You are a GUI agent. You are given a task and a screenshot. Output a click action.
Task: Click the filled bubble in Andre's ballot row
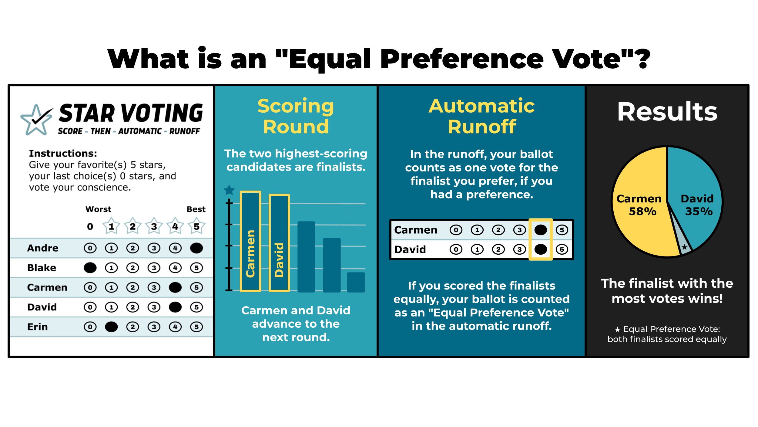(x=196, y=248)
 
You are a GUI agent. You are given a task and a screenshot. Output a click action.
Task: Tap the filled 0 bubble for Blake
(x=90, y=268)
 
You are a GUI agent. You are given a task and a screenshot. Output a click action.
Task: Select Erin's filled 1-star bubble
(x=111, y=327)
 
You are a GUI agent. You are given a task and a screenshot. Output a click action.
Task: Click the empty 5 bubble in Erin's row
(x=196, y=327)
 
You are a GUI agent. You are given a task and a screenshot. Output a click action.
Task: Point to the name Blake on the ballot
(x=42, y=268)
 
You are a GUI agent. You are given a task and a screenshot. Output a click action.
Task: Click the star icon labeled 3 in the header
(x=154, y=226)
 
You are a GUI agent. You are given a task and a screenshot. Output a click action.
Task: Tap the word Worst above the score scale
(x=98, y=209)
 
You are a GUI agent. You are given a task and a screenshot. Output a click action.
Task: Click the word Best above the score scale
(x=196, y=209)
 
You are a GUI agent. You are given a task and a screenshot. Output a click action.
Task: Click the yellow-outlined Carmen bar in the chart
(x=250, y=241)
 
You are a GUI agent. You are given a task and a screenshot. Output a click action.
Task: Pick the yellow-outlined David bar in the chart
(x=279, y=243)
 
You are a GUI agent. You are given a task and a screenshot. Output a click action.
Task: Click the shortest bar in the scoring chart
(x=356, y=282)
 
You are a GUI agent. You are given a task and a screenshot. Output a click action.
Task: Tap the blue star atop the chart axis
(x=229, y=190)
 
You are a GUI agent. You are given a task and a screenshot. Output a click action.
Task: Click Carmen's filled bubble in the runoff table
(x=541, y=230)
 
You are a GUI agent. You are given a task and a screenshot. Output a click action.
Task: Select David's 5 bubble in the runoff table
(x=562, y=249)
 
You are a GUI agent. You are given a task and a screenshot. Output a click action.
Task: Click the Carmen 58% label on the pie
(x=639, y=205)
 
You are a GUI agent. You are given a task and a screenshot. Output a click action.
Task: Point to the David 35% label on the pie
(x=697, y=205)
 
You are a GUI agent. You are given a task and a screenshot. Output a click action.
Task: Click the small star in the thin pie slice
(x=685, y=247)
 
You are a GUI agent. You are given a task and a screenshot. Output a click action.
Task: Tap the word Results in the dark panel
(x=667, y=111)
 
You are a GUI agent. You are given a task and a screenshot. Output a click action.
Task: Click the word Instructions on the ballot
(x=63, y=153)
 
